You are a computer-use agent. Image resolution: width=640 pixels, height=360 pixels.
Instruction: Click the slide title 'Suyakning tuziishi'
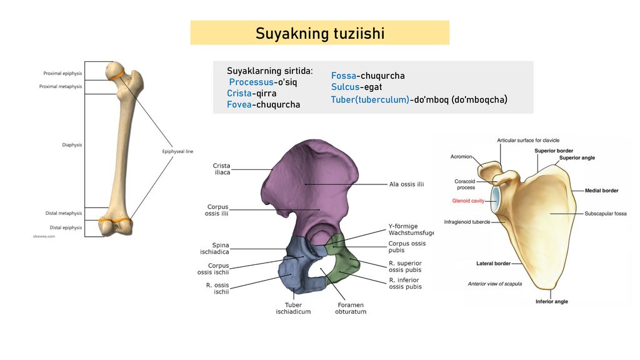[x=319, y=33]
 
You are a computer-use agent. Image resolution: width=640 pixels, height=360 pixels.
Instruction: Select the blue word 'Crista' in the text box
[x=239, y=93]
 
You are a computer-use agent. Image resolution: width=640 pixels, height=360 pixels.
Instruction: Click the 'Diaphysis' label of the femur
[x=72, y=145]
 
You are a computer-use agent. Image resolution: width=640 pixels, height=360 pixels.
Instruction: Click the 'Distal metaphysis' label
[x=63, y=213]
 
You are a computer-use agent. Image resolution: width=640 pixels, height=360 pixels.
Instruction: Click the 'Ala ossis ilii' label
[x=406, y=184]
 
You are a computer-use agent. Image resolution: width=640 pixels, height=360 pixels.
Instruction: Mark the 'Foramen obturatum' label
[x=350, y=308]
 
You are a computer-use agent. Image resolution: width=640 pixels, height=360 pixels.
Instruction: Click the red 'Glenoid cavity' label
[x=469, y=201]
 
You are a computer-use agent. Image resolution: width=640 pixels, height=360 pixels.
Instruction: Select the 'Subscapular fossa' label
[x=606, y=214]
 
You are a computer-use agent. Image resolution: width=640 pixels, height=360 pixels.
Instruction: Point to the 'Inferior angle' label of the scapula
[x=551, y=302]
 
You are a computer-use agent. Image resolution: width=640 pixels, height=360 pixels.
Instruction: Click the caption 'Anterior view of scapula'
[x=495, y=284]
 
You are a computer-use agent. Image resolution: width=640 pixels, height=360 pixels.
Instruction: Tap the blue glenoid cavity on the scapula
[x=496, y=198]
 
